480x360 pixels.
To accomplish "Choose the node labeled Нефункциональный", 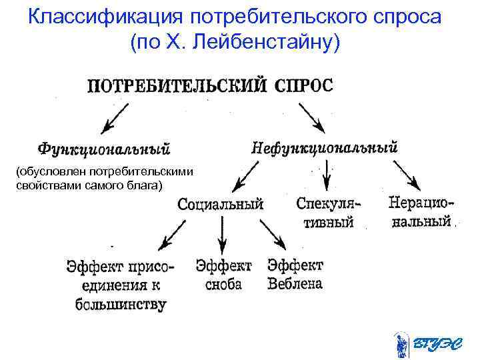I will tap(324, 147).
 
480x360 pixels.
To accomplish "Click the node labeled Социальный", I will tap(221, 204).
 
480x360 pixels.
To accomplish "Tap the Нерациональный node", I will tap(421, 211).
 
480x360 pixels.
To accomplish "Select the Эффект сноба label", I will tap(223, 275).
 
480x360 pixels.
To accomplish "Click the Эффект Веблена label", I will tap(295, 274).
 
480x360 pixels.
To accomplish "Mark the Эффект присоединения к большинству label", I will tap(120, 285).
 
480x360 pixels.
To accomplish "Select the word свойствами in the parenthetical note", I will tap(46, 185).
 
